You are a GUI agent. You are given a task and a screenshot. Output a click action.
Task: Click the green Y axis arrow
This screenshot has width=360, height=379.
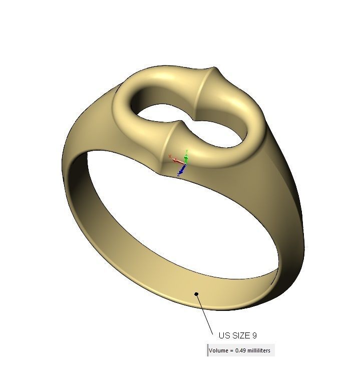186,155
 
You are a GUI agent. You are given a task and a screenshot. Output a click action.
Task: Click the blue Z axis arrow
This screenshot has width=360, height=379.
181,171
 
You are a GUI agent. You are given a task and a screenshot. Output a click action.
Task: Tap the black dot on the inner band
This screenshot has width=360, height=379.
197,294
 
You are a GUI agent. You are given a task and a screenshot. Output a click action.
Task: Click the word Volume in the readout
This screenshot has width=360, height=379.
218,350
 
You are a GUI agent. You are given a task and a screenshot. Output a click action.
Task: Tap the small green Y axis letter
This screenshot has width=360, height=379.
186,150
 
